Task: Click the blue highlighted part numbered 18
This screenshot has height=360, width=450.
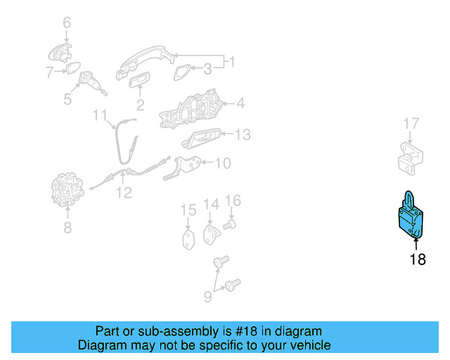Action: [411, 217]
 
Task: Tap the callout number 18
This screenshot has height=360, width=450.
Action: [418, 259]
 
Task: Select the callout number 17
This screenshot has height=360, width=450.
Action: [411, 124]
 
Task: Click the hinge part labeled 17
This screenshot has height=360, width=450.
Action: [411, 158]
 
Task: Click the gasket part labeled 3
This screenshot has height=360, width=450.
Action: [182, 72]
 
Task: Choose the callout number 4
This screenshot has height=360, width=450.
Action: [240, 103]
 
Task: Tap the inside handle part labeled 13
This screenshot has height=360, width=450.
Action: [202, 139]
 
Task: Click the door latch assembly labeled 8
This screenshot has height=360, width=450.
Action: [67, 189]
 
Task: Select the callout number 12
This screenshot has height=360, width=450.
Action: [124, 193]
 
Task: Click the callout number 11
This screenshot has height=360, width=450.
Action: [100, 115]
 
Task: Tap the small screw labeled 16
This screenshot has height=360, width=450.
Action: [230, 224]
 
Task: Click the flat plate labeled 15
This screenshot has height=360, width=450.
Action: [188, 240]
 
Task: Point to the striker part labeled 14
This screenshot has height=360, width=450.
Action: [212, 235]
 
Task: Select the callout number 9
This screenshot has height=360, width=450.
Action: [208, 297]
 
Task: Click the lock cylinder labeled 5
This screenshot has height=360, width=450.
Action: [92, 83]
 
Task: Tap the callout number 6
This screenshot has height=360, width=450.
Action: [67, 22]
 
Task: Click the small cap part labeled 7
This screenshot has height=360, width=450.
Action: [73, 68]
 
